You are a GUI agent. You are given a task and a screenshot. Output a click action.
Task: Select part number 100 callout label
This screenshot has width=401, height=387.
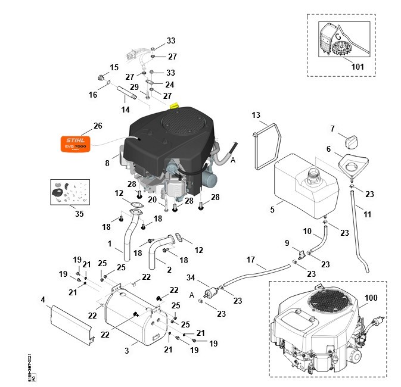click(371, 297)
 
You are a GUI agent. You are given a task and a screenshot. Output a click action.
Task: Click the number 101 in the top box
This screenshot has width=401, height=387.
click(357, 67)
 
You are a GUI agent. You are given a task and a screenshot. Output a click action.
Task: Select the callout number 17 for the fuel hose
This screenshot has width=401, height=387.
click(250, 260)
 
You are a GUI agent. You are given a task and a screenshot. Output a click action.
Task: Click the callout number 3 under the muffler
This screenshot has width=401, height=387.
click(127, 351)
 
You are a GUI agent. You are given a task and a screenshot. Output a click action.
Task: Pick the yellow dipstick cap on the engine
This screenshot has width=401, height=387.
click(175, 105)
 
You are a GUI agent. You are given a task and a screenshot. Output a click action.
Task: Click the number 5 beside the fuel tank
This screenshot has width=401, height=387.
click(272, 210)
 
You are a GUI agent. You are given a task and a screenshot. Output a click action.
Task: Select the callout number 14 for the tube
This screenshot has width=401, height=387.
click(125, 110)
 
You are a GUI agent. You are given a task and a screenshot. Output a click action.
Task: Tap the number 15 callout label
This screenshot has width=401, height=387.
click(114, 67)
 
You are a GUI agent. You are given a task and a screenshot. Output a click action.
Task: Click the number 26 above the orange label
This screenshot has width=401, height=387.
click(98, 126)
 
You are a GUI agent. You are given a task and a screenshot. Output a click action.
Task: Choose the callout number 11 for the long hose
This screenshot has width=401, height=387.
click(367, 214)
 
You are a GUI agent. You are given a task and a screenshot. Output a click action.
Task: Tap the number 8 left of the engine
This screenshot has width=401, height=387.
click(107, 162)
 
